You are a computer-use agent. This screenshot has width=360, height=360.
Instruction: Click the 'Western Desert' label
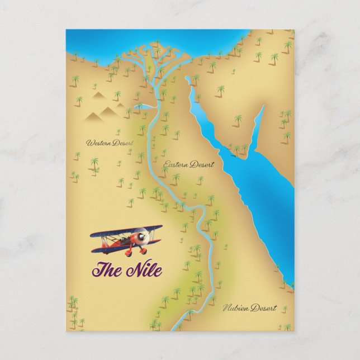click(110, 144)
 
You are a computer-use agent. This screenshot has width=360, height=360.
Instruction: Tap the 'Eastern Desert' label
click(188, 164)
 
